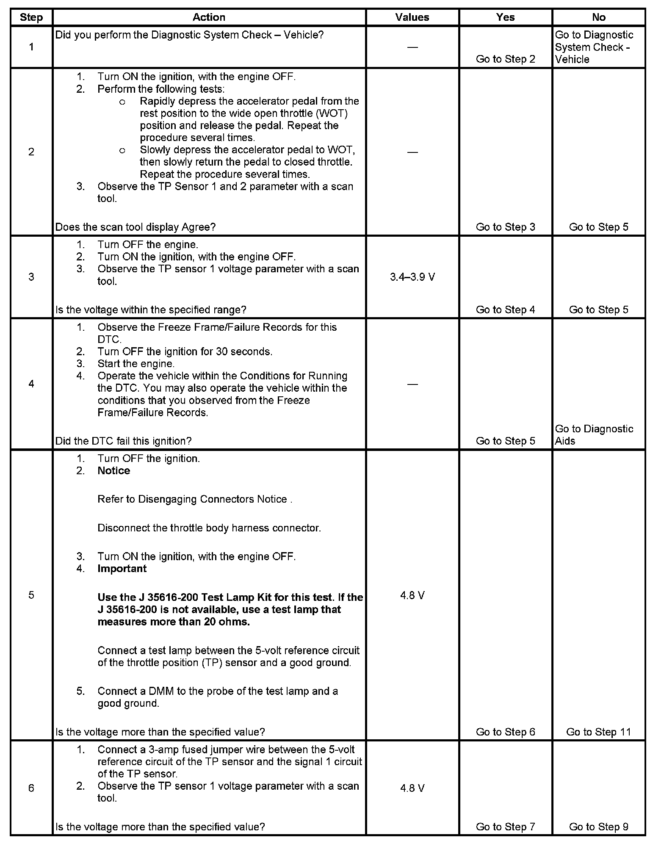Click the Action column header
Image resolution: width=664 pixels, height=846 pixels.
point(209,17)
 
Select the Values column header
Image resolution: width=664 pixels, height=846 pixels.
point(412,17)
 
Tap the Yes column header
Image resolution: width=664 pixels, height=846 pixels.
point(505,17)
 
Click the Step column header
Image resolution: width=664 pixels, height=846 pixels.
point(31,17)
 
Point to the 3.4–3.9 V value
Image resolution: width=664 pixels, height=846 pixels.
point(412,277)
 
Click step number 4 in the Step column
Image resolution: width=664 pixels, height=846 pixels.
point(31,384)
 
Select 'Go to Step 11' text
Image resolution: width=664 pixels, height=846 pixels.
point(598,732)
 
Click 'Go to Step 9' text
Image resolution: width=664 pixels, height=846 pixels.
point(598,826)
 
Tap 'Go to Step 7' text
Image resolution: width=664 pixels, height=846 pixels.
point(505,826)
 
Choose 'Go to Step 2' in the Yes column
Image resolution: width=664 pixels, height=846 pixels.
point(505,59)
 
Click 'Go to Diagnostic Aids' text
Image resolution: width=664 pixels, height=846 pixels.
point(594,435)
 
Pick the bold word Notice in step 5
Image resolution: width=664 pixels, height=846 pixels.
point(113,470)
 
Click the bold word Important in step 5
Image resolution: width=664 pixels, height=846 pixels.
point(122,568)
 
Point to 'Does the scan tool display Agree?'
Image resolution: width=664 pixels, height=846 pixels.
point(136,227)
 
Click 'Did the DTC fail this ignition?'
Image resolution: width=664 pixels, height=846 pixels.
point(123,441)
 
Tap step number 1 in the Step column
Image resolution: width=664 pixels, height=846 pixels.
point(31,47)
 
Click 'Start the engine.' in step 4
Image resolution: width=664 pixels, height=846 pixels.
point(136,364)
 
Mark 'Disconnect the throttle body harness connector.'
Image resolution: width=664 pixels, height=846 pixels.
point(209,528)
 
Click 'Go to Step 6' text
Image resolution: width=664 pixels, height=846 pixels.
point(505,732)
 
